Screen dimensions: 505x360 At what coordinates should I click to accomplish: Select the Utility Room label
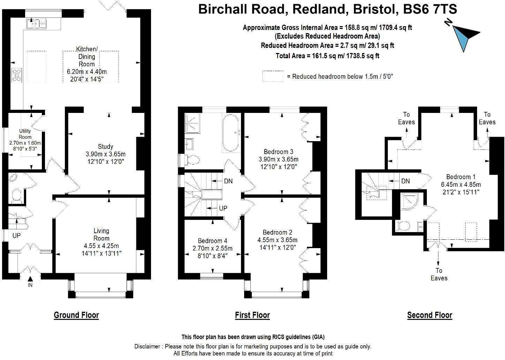(x=25, y=134)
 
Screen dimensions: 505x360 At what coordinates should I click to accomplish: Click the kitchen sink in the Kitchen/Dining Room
(x=36, y=24)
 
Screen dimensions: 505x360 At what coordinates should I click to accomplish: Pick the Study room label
(x=105, y=146)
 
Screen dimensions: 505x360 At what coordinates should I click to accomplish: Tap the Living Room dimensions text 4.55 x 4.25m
(x=101, y=246)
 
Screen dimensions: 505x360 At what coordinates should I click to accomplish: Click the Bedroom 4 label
(x=212, y=240)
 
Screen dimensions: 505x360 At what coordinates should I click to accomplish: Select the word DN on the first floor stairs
(x=228, y=181)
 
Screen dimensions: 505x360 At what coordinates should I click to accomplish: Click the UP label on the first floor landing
(x=223, y=208)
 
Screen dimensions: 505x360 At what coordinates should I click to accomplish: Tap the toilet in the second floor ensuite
(x=404, y=226)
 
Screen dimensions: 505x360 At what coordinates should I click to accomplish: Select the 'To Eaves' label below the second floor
(x=439, y=274)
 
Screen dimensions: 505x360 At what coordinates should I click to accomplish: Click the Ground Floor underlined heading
(x=76, y=315)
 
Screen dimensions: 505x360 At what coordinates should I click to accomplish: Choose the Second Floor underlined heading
(x=430, y=315)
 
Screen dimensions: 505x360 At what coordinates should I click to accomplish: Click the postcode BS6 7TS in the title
(x=430, y=9)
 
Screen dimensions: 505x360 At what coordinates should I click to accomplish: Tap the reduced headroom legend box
(x=273, y=76)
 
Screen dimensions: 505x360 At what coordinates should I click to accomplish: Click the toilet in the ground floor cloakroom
(x=16, y=195)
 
